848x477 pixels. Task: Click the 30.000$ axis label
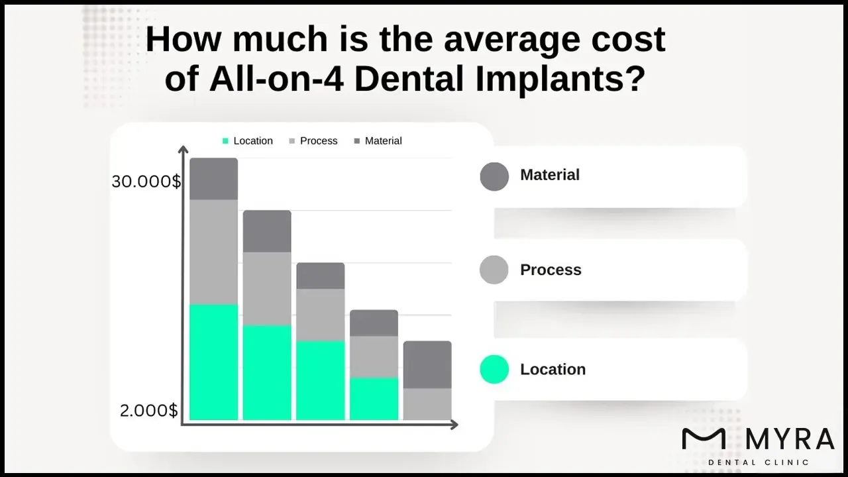pos(146,182)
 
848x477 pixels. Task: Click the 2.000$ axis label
pos(149,411)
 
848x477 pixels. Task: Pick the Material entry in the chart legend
pos(378,141)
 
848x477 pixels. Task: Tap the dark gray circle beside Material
pos(494,176)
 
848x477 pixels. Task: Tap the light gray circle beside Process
pos(494,270)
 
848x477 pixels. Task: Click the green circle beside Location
pos(494,370)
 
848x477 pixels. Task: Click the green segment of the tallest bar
pos(213,362)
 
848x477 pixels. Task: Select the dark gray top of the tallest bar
pos(213,179)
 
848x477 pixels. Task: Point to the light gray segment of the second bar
pos(267,288)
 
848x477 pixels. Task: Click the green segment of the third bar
pos(320,380)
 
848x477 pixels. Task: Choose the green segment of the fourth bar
pos(374,398)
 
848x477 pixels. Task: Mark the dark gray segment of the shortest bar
pos(427,364)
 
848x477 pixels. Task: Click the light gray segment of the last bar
pos(427,403)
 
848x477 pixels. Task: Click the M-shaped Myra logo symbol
pos(704,439)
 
